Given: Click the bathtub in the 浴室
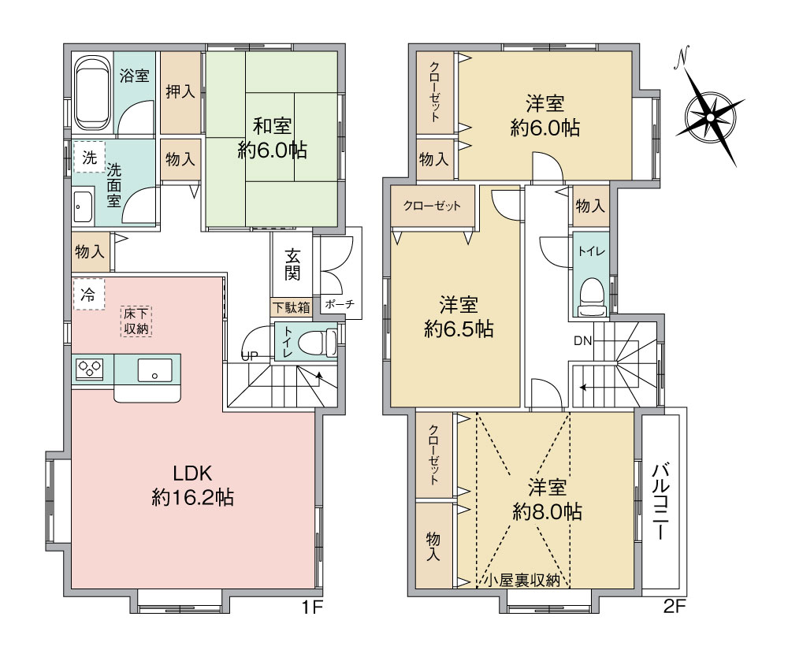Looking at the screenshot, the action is click(x=93, y=94).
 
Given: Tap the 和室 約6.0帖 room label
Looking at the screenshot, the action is click(x=272, y=138).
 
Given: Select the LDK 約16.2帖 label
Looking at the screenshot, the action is click(x=192, y=485).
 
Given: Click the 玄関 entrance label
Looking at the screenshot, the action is click(x=292, y=265).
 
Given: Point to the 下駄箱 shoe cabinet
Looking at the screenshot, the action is click(x=292, y=307).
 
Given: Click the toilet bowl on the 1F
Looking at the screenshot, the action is click(x=317, y=342).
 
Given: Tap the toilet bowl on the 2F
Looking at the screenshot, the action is click(x=591, y=297).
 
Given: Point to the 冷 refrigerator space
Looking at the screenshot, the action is click(x=88, y=295).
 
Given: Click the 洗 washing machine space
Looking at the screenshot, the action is click(x=89, y=158).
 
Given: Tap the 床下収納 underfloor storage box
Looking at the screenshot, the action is click(x=136, y=321).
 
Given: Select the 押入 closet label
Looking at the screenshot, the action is click(x=180, y=91).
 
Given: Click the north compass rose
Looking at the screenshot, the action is click(x=709, y=117).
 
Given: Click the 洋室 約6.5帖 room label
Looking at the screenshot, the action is click(x=459, y=318).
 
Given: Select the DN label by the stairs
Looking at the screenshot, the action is click(x=583, y=341).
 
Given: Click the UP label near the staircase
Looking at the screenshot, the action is click(x=250, y=356).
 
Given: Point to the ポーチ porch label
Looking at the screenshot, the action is click(x=340, y=304).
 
